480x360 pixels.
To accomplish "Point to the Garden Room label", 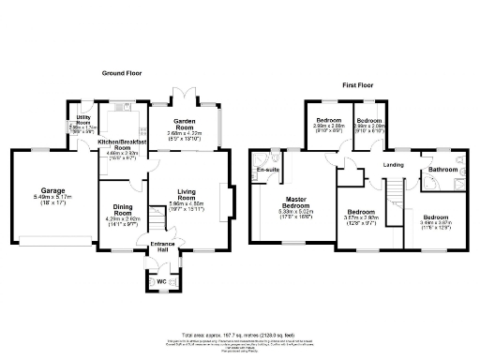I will tap(185, 123).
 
